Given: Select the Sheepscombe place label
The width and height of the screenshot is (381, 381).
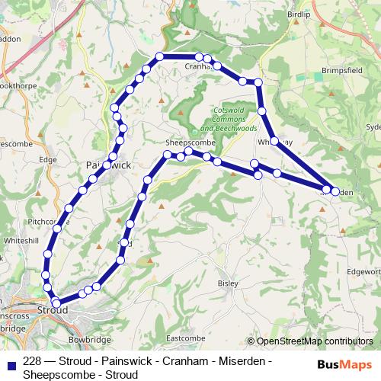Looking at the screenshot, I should [x=187, y=142].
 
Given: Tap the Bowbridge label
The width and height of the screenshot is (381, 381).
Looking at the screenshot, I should [x=90, y=338].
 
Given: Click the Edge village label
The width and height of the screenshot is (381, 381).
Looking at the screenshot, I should [x=48, y=160].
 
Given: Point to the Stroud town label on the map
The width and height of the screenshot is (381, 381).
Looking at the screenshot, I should [x=53, y=310].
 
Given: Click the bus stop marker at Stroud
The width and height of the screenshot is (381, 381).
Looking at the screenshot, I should [x=56, y=303].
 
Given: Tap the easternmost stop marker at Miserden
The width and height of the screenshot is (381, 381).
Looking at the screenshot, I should [x=335, y=191].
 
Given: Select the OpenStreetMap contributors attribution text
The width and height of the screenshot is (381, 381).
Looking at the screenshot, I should [x=313, y=341].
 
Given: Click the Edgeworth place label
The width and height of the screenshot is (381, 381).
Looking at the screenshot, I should [x=363, y=271].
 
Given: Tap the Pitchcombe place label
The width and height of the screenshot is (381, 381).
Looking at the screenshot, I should [x=47, y=222].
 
